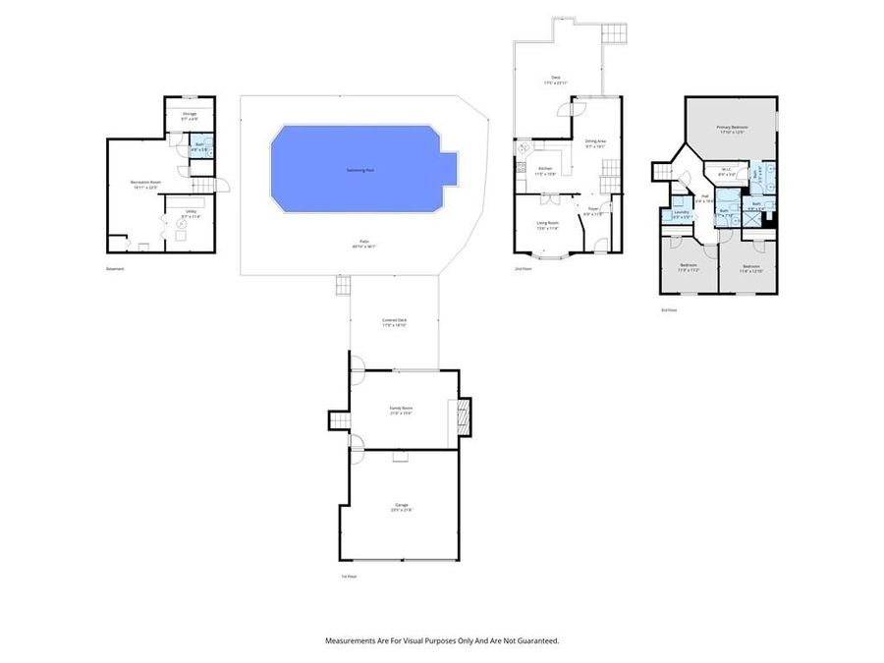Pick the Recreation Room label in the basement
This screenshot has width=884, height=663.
point(144,183)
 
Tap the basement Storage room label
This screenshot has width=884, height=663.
point(190,114)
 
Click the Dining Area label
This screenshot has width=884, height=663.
point(595,141)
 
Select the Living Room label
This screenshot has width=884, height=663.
point(547,224)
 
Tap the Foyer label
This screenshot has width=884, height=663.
point(593,209)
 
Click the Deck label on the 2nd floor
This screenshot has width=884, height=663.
point(555,78)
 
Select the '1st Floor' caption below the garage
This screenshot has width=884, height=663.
point(349,577)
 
